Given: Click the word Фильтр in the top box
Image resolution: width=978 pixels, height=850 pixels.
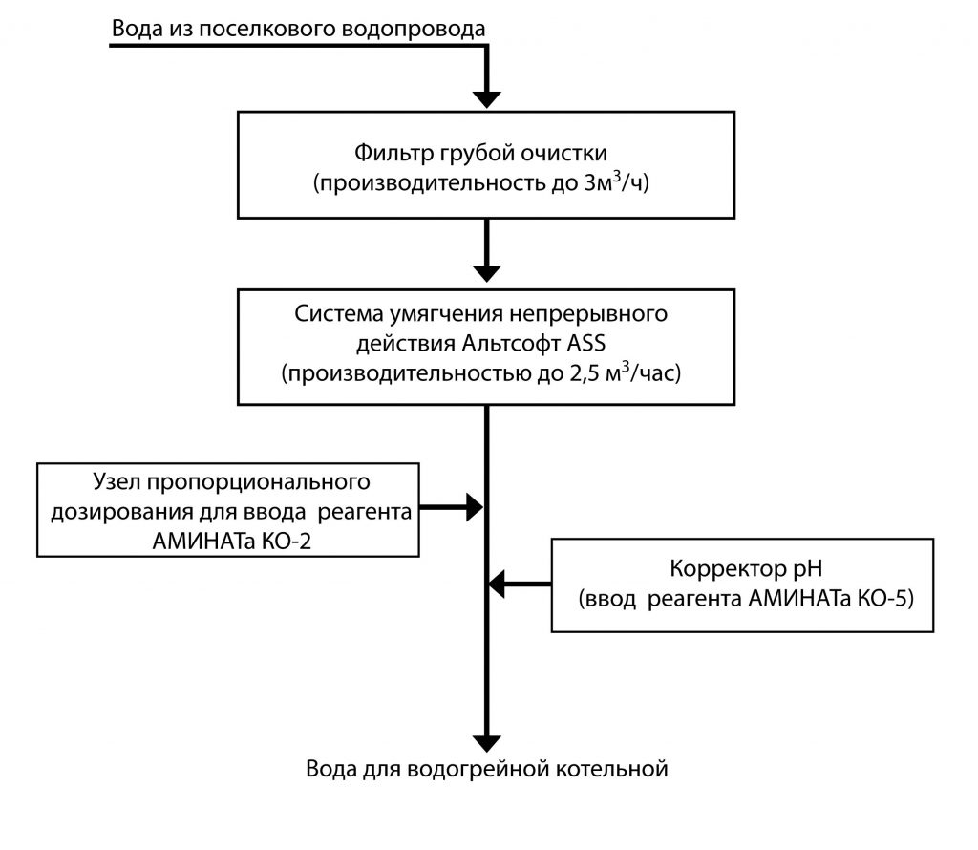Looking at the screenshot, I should (x=385, y=154).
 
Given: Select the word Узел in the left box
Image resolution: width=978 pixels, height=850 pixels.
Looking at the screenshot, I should (x=117, y=479).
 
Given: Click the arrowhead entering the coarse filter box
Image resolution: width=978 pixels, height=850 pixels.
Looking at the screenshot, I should (x=487, y=97).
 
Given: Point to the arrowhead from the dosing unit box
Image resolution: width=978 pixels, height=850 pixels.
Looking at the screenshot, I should (x=475, y=508).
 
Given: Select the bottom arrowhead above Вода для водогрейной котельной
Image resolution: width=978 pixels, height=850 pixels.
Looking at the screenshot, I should (x=487, y=742).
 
